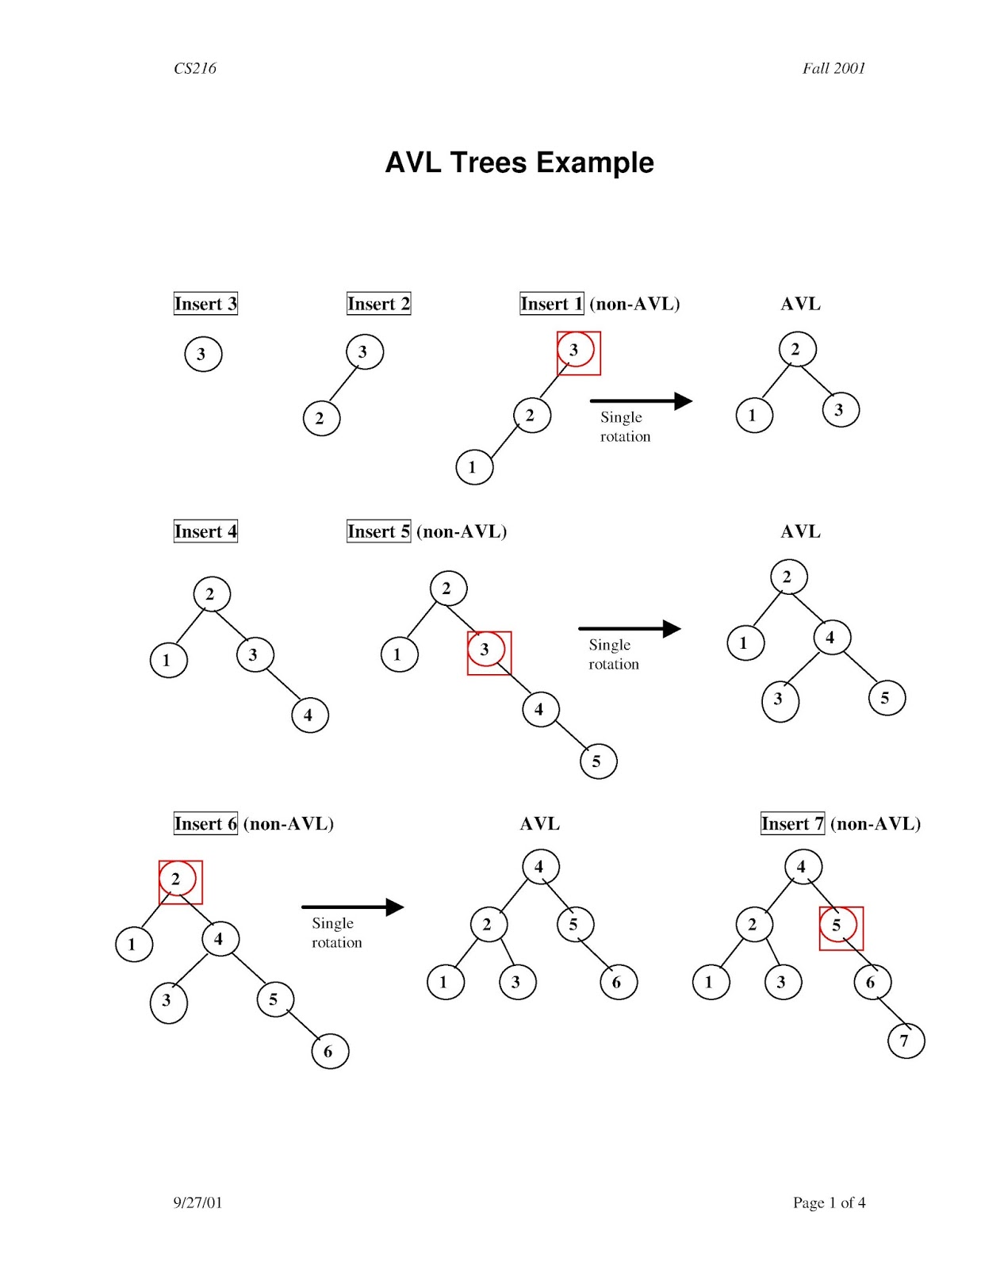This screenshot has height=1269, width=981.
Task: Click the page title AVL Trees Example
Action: tap(519, 163)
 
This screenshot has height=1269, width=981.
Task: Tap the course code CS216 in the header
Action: tap(195, 68)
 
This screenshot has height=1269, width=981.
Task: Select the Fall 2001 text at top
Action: tap(833, 68)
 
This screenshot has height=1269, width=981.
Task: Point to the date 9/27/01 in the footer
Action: tap(197, 1202)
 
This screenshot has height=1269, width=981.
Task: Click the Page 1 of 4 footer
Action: tap(829, 1202)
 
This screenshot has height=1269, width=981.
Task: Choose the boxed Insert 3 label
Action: tap(205, 304)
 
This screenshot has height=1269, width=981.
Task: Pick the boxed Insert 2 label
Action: tap(378, 304)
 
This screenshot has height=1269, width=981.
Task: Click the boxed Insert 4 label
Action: tap(205, 531)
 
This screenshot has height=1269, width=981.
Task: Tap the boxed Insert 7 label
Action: tap(792, 823)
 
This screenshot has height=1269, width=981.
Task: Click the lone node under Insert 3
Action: tap(203, 354)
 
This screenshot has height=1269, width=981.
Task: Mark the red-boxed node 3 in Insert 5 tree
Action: tap(487, 650)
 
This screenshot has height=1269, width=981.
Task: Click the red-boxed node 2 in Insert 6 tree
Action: tap(178, 880)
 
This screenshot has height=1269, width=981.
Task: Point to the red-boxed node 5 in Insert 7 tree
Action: tap(839, 926)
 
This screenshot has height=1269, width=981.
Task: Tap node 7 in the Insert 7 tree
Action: tap(906, 1041)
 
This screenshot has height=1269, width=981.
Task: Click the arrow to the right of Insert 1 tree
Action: tap(641, 401)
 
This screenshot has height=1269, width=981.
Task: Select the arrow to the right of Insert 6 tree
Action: tap(352, 907)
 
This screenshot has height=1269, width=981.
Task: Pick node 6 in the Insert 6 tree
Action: tap(330, 1052)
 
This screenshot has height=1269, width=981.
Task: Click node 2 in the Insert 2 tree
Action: tap(321, 418)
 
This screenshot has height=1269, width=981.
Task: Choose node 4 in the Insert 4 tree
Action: tap(309, 715)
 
